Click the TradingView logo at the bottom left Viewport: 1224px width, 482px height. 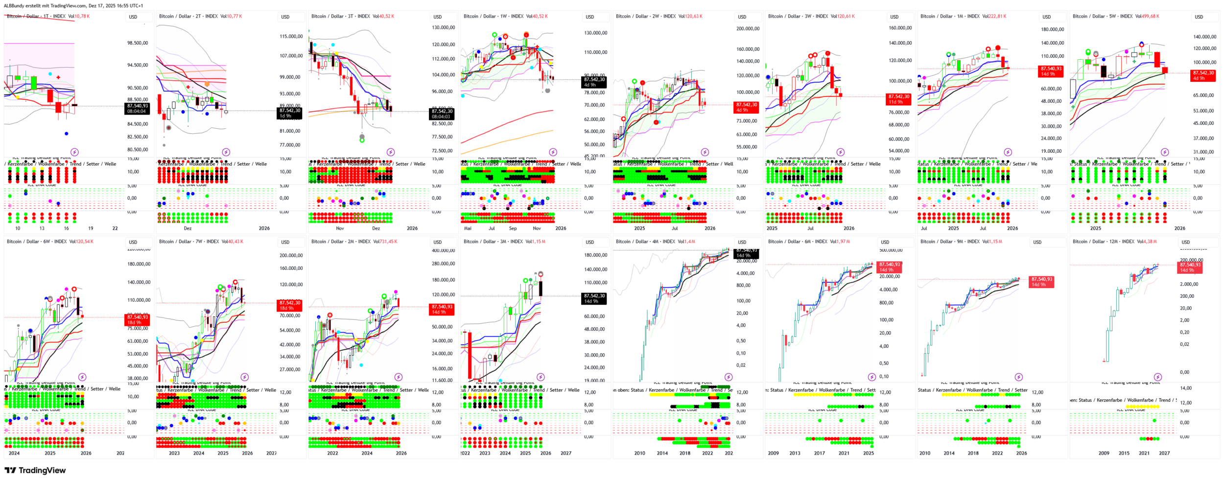tap(35, 470)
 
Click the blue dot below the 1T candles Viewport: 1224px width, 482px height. tap(67, 133)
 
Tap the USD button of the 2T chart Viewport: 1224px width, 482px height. tap(285, 17)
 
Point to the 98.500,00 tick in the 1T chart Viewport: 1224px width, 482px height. tap(138, 43)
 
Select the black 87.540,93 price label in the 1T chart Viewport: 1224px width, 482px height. tap(137, 108)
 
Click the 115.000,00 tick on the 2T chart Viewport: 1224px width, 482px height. tap(291, 36)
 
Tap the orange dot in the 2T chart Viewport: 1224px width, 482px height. tap(209, 84)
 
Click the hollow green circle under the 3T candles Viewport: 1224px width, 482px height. tap(362, 140)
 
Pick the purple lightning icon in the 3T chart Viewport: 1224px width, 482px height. tap(391, 152)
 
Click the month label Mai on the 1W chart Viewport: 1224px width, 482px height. tap(468, 228)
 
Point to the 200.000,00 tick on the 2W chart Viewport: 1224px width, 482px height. tap(748, 28)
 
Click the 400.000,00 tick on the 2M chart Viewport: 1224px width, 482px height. tap(443, 250)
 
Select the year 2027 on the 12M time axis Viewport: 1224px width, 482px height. tap(1164, 453)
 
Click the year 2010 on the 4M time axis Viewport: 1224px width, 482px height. tap(639, 453)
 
